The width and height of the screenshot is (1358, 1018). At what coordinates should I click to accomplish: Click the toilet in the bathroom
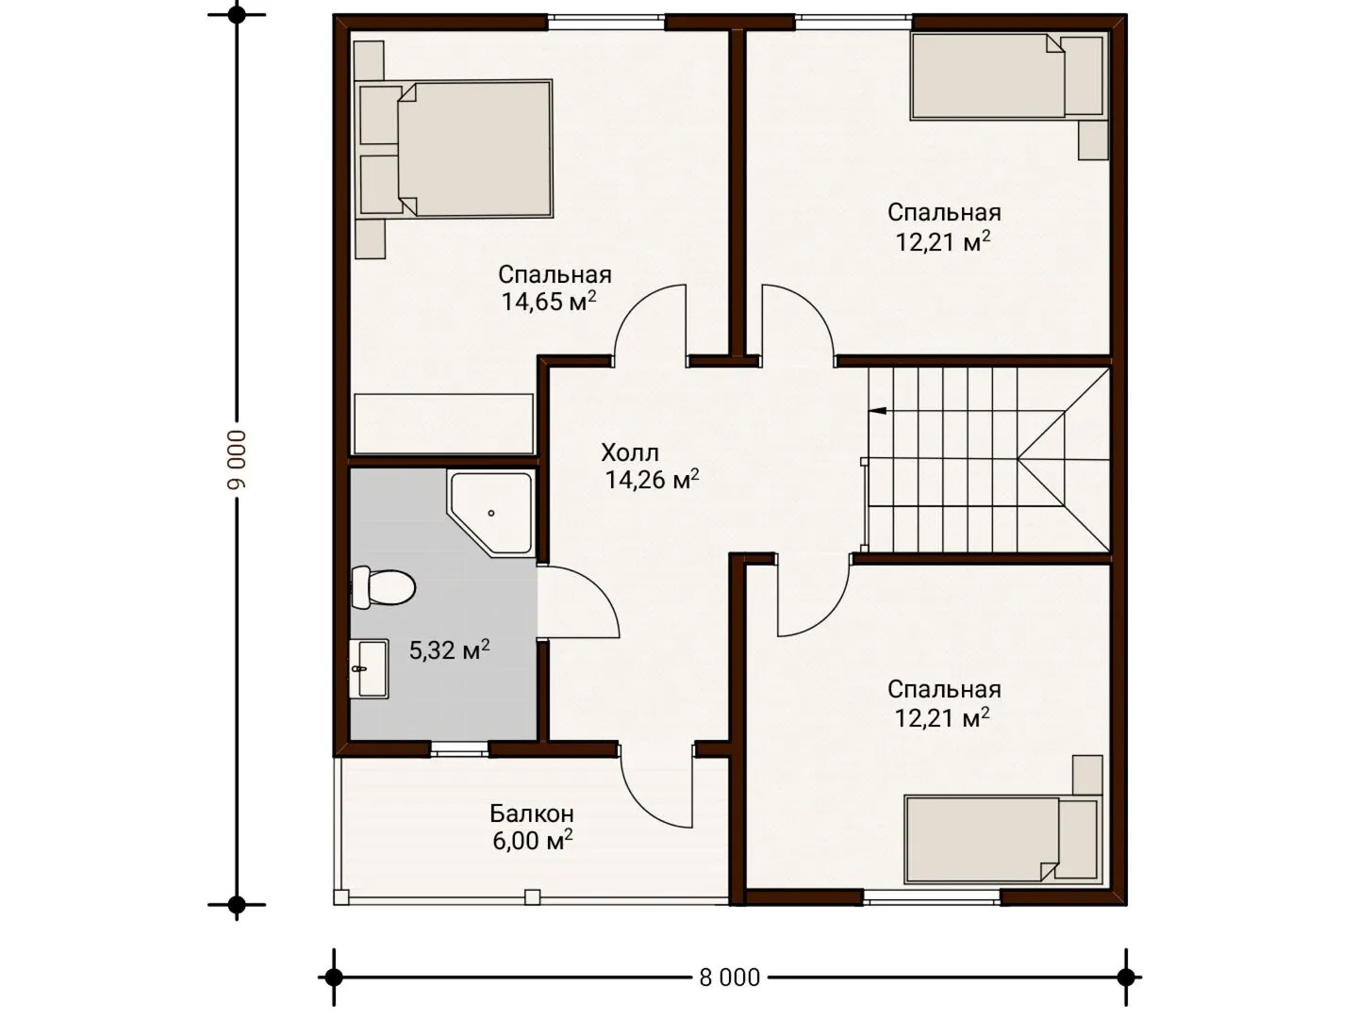(383, 587)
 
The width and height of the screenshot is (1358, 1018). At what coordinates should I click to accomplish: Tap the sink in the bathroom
(370, 669)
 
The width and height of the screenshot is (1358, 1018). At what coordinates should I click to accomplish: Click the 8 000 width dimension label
(729, 977)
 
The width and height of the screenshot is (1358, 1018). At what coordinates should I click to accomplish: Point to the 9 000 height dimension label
(237, 459)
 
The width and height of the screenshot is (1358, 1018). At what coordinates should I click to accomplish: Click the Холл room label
(630, 453)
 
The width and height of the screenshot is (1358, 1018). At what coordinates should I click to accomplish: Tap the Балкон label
(532, 813)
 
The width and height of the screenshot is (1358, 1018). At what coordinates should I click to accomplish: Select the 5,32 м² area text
(450, 650)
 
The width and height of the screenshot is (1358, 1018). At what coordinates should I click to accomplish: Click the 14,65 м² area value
(549, 301)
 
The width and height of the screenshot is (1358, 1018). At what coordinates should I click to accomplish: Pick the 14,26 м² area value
(652, 480)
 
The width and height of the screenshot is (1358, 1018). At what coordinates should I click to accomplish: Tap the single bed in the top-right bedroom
(1008, 76)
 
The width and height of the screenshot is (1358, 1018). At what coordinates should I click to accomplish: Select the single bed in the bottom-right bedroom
(1002, 840)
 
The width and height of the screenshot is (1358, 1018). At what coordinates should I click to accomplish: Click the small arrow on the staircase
(878, 410)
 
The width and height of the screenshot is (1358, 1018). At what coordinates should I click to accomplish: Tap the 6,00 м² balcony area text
(533, 841)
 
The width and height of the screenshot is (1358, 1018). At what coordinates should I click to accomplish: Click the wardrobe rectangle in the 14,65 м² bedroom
(443, 424)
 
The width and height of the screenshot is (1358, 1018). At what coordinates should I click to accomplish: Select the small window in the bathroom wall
(459, 749)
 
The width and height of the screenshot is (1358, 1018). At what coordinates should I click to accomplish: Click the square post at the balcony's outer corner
(340, 896)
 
